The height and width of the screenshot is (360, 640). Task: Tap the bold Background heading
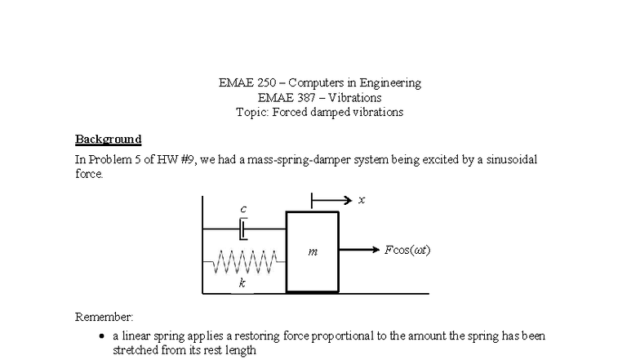108,139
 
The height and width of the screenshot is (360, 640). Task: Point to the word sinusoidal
507,159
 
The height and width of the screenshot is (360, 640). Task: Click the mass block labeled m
312,252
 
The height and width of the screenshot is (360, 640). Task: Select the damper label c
242,209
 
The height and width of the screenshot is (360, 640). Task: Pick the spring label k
242,283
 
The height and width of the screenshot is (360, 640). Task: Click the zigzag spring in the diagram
245,263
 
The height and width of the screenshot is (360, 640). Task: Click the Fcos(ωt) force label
407,250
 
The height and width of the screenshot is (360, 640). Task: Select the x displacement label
362,199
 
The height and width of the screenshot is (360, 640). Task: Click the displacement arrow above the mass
331,199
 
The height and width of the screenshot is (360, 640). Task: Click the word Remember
104,317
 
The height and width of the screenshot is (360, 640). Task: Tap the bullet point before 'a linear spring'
100,336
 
